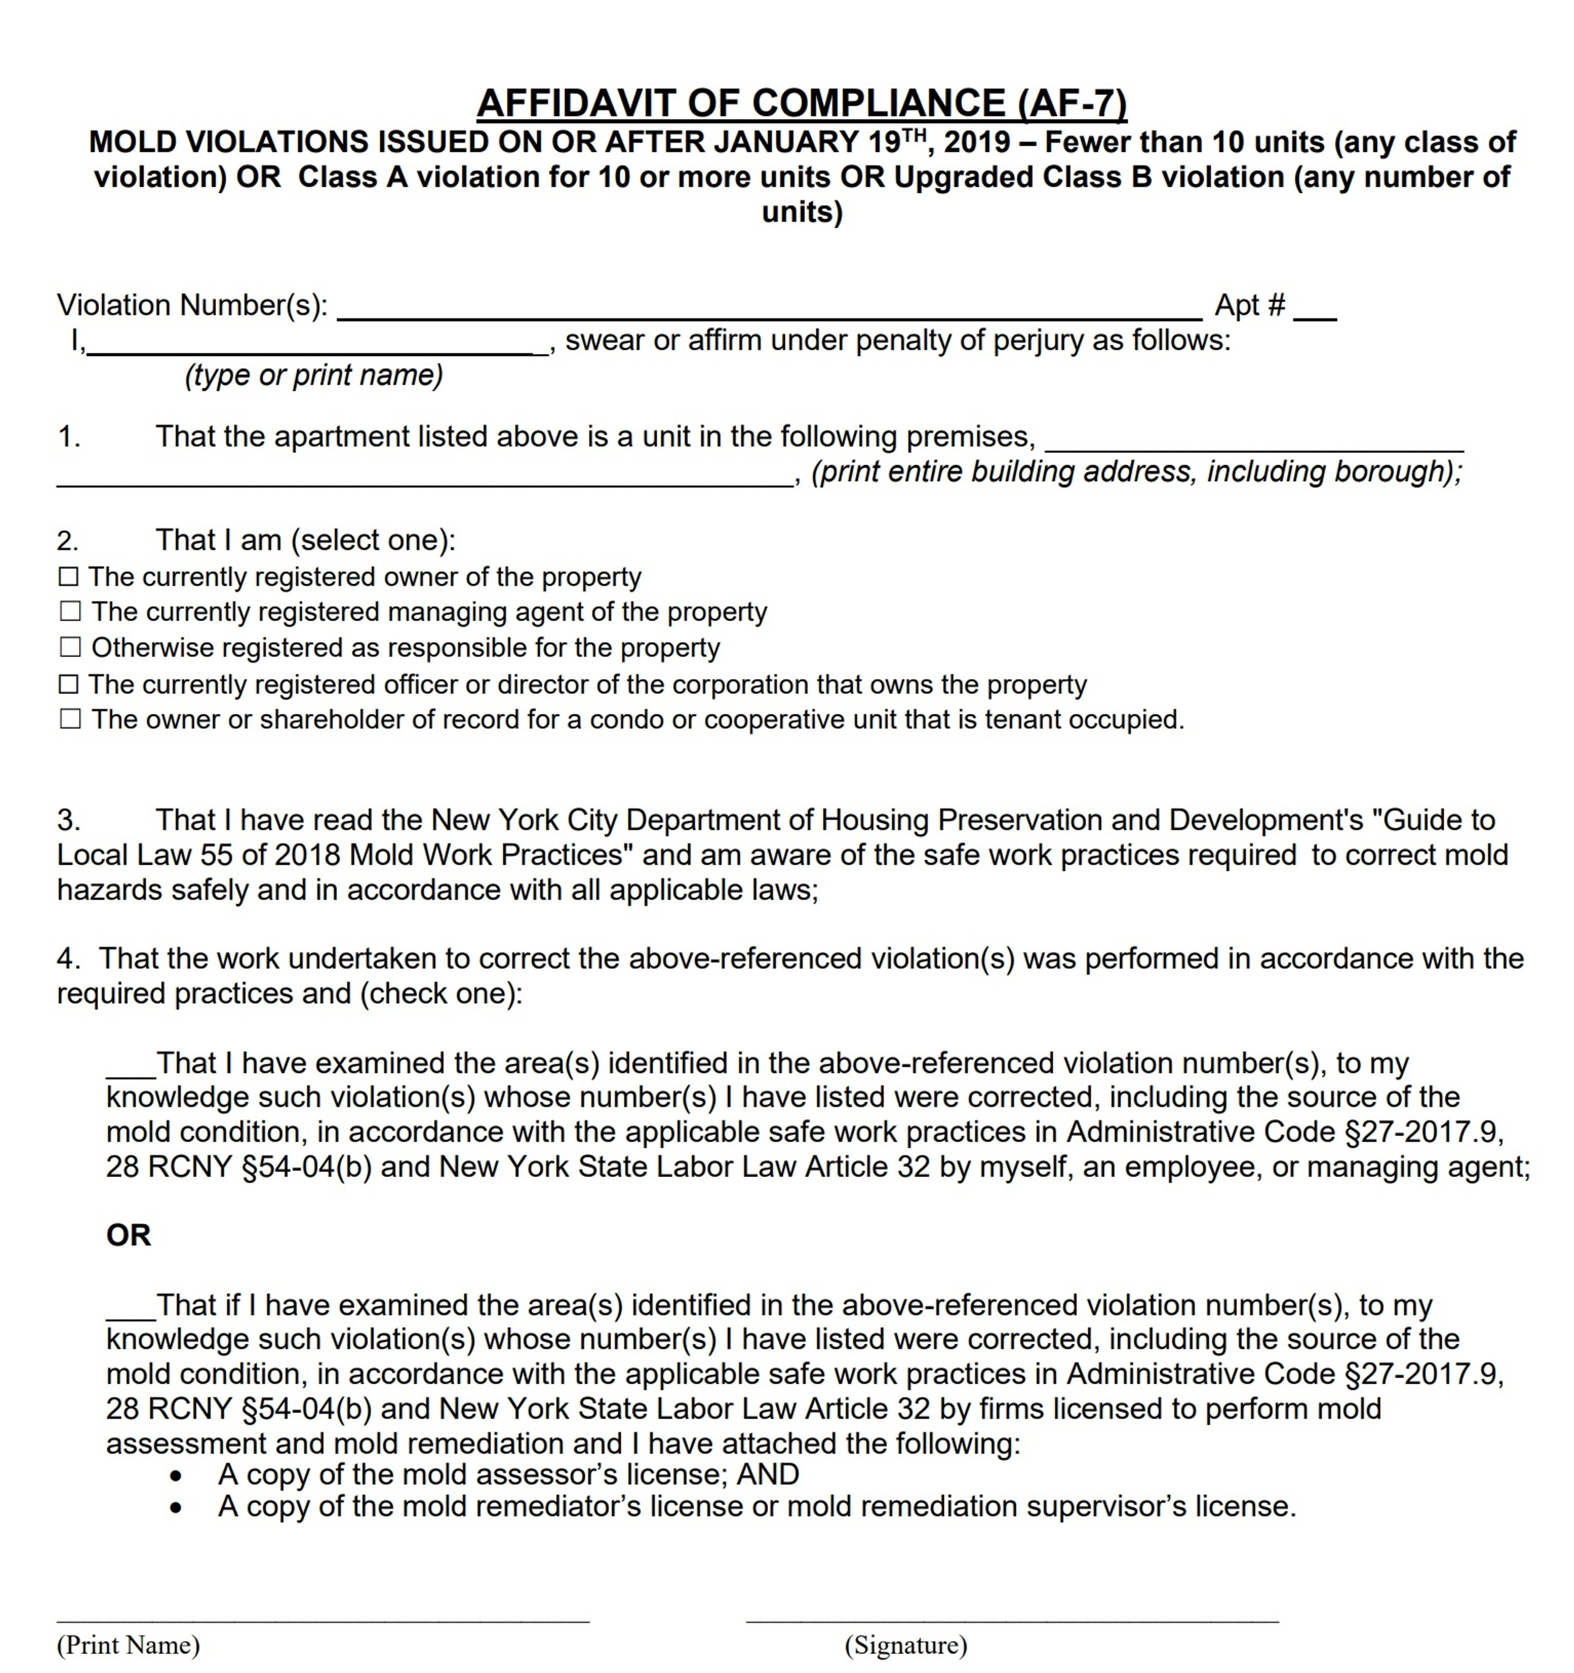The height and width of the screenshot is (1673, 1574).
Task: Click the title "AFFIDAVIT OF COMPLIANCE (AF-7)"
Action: point(801,103)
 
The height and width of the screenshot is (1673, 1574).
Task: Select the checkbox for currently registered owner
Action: point(69,577)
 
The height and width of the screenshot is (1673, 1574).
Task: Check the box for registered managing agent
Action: point(71,612)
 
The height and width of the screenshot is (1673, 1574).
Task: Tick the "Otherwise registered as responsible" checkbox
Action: point(71,648)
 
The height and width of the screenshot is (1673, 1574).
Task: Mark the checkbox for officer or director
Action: point(69,684)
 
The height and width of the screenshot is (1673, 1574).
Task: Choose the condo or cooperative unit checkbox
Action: point(71,720)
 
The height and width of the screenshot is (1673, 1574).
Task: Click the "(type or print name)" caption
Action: point(313,376)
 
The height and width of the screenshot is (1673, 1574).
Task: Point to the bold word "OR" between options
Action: point(128,1235)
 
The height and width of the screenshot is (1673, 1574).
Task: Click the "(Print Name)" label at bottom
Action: point(128,1644)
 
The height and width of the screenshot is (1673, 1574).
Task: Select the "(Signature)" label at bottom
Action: point(906,1644)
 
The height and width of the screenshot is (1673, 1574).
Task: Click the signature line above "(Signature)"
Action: point(1012,1619)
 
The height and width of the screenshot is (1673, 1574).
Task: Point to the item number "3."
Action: point(69,820)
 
